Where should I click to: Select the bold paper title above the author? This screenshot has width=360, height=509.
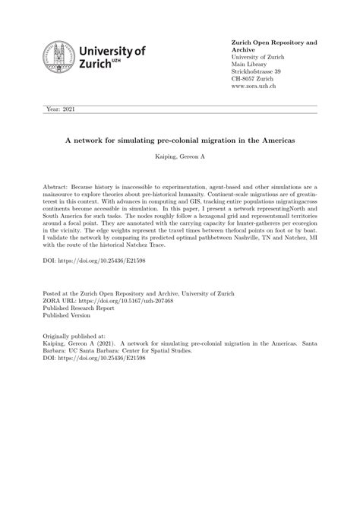[180, 141]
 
